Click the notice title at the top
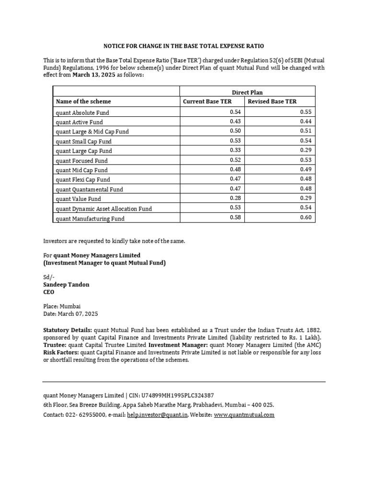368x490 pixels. [184, 46]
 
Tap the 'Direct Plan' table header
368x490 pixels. [247, 92]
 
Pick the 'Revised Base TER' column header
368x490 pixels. [272, 101]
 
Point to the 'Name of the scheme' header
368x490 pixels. [83, 101]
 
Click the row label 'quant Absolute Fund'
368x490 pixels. [82, 113]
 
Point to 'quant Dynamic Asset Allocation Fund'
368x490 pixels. [104, 209]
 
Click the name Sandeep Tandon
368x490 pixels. [66, 284]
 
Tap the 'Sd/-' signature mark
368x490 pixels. [49, 277]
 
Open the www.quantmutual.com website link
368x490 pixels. [244, 415]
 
